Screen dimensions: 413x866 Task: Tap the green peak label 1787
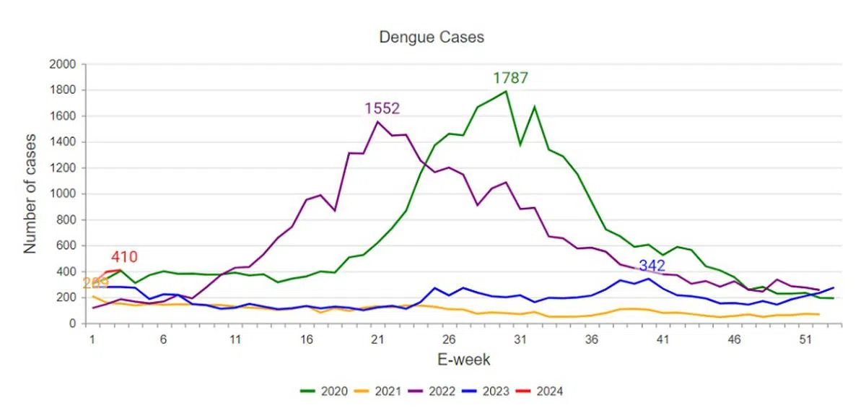[x=511, y=78]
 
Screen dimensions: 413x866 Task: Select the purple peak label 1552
[x=382, y=108]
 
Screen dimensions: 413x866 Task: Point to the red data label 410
[x=124, y=257]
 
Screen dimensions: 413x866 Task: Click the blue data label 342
[x=652, y=266]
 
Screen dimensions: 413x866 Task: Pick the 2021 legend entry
[x=380, y=391]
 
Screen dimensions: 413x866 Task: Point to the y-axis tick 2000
[x=63, y=64]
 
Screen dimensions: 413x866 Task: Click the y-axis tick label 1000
[x=63, y=194]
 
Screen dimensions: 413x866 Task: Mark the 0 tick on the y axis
[x=73, y=323]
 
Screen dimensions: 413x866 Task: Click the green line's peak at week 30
[x=506, y=91]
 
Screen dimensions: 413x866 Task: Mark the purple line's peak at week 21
[x=377, y=121]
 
